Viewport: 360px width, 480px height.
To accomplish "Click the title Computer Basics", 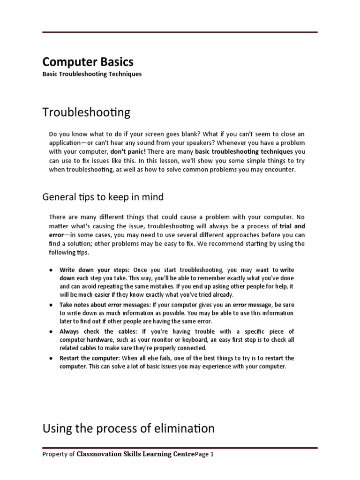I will click(88, 62).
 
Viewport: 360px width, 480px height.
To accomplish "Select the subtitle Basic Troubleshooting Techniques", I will click(92, 74).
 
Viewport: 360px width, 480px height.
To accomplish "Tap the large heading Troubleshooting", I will click(87, 112).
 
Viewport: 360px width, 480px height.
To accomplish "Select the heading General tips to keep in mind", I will click(103, 197).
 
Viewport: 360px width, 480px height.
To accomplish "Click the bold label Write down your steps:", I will click(96, 270).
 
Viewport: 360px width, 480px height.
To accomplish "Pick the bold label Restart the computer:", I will click(90, 358).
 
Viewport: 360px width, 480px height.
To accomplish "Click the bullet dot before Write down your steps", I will click(51, 270).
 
